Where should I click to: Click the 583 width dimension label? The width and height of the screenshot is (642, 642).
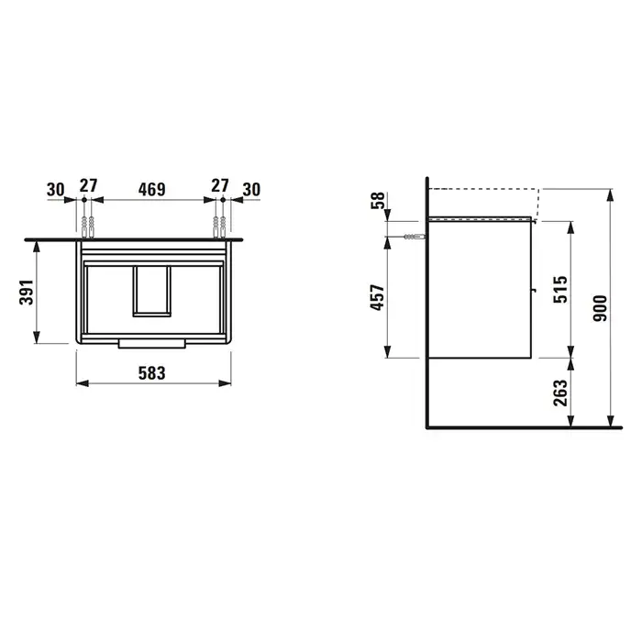[151, 373]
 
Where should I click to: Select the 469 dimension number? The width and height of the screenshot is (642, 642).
[151, 189]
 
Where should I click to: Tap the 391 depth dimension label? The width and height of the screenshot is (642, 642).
[27, 292]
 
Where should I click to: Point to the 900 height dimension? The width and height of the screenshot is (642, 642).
[600, 308]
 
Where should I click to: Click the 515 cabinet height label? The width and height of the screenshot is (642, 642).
[560, 290]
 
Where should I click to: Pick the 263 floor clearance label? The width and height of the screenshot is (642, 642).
[560, 393]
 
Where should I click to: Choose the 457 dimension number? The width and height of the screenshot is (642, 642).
[378, 297]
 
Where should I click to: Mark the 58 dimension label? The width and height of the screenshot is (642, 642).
[378, 200]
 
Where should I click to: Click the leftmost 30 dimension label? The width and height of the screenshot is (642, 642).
[55, 190]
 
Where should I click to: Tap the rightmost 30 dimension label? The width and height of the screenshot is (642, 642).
[251, 190]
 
